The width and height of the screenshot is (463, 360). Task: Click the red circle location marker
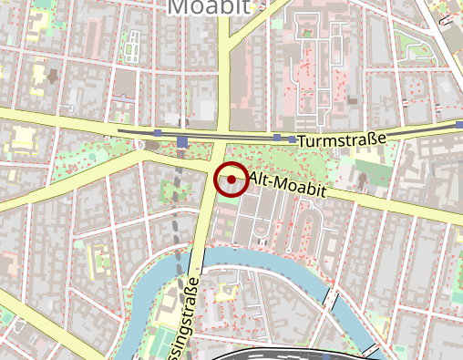point(231,180)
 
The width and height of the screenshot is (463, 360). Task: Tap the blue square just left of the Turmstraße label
point(293,140)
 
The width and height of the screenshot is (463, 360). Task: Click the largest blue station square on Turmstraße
point(183,141)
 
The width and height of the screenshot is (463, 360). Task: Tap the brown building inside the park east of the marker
point(364,178)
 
